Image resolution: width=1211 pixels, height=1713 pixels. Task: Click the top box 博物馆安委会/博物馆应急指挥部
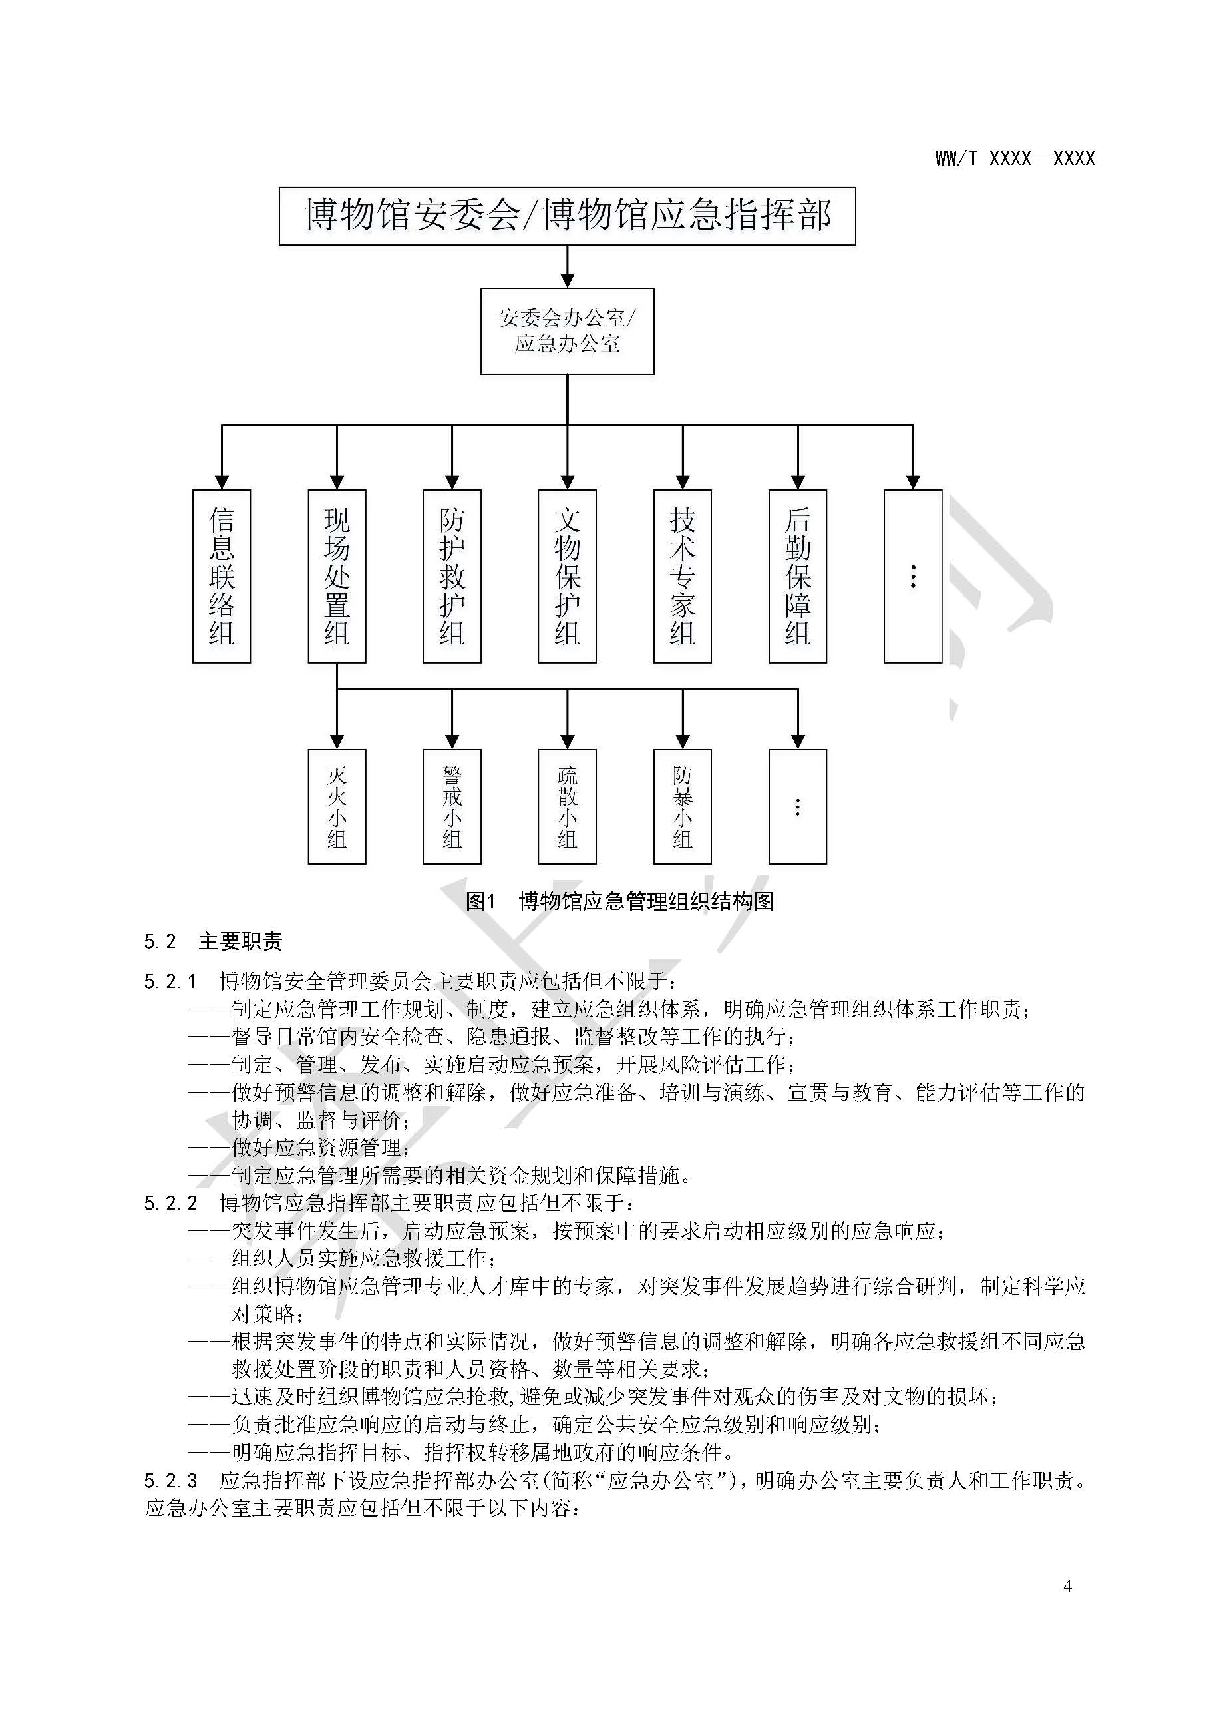coord(568,216)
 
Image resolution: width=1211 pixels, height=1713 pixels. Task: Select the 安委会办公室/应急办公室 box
coord(568,332)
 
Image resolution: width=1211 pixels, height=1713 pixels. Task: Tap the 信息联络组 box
coord(222,576)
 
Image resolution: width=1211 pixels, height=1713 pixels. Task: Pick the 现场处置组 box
coord(337,576)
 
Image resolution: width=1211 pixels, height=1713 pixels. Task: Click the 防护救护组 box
coord(452,576)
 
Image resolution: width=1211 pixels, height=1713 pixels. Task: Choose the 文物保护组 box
coord(568,576)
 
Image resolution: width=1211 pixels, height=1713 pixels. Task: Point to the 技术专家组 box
coord(682,576)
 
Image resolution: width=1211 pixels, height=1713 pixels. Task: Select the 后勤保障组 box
coord(798,576)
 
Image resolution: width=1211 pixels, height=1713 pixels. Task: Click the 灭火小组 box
coord(337,806)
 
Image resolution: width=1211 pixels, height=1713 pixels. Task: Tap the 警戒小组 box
coord(452,806)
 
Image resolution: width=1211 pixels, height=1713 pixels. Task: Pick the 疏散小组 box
coord(568,806)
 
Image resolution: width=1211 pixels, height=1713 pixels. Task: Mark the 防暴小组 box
coord(682,806)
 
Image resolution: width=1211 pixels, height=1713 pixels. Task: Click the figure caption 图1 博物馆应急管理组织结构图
coord(619,901)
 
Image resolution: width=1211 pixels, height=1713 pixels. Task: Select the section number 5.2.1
coord(170,981)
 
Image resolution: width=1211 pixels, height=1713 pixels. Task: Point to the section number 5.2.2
coord(170,1202)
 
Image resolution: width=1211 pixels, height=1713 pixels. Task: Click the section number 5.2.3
coord(170,1480)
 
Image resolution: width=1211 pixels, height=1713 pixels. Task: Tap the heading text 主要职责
coord(241,941)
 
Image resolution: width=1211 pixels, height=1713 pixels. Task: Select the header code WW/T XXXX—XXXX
coord(1015,158)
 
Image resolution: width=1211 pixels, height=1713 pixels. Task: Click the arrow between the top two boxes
coord(568,266)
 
